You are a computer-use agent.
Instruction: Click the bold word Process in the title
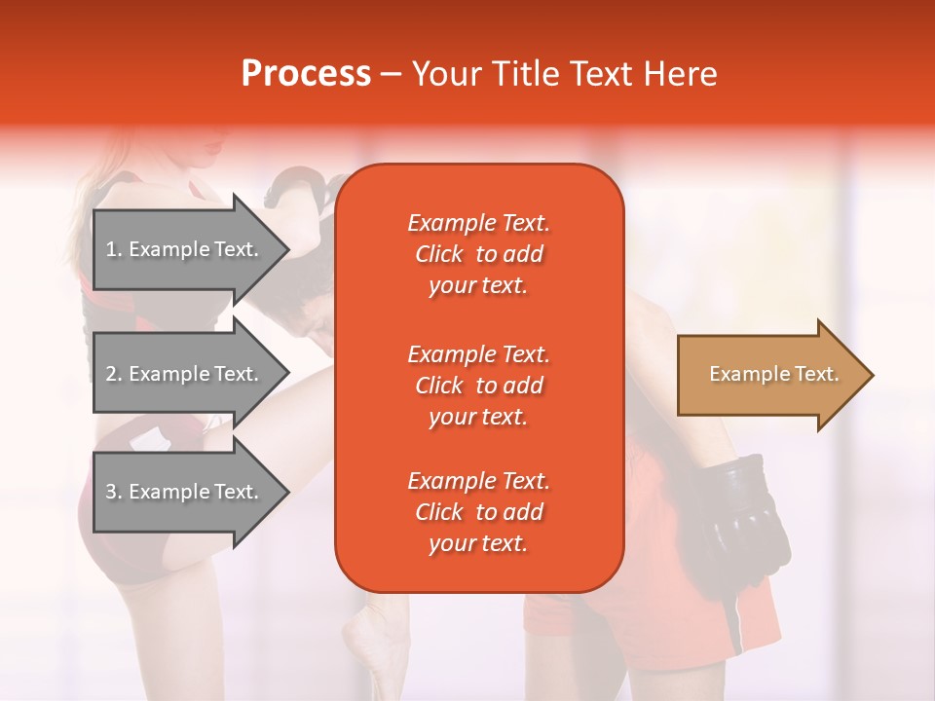pos(306,73)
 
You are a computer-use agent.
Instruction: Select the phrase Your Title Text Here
pos(564,73)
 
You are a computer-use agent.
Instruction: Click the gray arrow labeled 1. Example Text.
pos(185,249)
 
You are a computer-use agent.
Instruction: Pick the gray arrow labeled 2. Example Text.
pos(185,374)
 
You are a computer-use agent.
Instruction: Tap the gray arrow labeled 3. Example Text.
pos(185,492)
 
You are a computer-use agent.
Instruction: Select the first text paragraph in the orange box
pos(478,254)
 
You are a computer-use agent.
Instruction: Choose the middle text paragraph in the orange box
pos(478,386)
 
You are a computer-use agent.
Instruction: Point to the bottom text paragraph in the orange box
pos(478,512)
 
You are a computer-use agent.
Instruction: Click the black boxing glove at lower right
pos(745,516)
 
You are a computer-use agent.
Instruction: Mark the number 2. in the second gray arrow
pos(114,374)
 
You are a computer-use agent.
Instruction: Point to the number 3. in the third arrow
pos(114,492)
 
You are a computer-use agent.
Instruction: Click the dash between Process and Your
pos(392,74)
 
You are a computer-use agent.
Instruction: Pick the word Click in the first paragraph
pos(439,254)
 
